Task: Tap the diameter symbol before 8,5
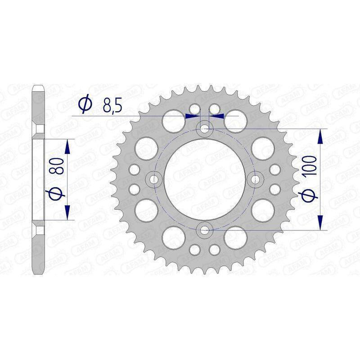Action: (85, 105)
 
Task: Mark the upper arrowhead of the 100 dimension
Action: (320, 135)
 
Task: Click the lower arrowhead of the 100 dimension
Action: (320, 224)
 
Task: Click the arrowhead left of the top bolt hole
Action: (192, 116)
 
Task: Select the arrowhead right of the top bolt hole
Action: (219, 116)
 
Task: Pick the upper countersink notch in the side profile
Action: (39, 129)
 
